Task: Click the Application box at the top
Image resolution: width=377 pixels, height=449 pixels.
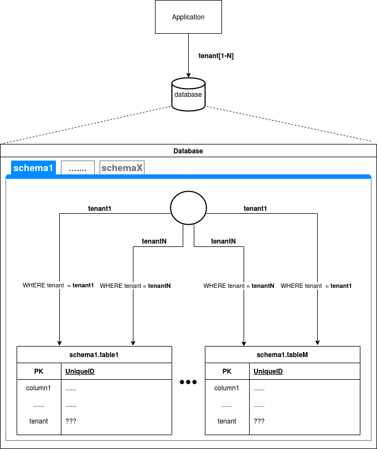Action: [188, 17]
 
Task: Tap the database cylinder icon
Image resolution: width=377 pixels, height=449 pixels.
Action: [188, 94]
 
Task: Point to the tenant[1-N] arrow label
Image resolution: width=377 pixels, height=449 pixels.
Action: [216, 56]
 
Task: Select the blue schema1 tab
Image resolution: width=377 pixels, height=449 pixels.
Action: [33, 168]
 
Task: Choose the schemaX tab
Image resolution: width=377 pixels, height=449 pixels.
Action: [122, 168]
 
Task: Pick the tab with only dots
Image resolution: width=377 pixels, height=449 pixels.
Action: [78, 168]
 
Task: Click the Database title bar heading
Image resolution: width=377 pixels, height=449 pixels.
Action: [188, 151]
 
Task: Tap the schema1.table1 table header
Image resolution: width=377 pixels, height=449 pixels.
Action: [94, 354]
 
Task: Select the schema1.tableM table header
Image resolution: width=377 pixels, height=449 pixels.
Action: [282, 354]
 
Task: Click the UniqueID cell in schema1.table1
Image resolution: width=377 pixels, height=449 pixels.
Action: [80, 371]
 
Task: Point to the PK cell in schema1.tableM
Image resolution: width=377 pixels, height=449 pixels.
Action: [227, 371]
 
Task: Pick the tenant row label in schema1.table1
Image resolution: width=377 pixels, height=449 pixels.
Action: [39, 421]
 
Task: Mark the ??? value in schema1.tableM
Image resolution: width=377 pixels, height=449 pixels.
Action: [259, 421]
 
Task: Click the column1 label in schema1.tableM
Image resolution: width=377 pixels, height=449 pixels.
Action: [227, 388]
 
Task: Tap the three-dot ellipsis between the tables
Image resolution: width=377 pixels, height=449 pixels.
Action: [188, 382]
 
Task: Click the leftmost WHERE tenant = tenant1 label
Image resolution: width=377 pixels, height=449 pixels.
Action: [58, 286]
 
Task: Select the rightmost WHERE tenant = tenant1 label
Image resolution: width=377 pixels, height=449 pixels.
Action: [316, 286]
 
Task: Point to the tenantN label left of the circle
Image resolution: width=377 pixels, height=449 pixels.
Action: [154, 241]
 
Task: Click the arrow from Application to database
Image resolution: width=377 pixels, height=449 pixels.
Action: [188, 55]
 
